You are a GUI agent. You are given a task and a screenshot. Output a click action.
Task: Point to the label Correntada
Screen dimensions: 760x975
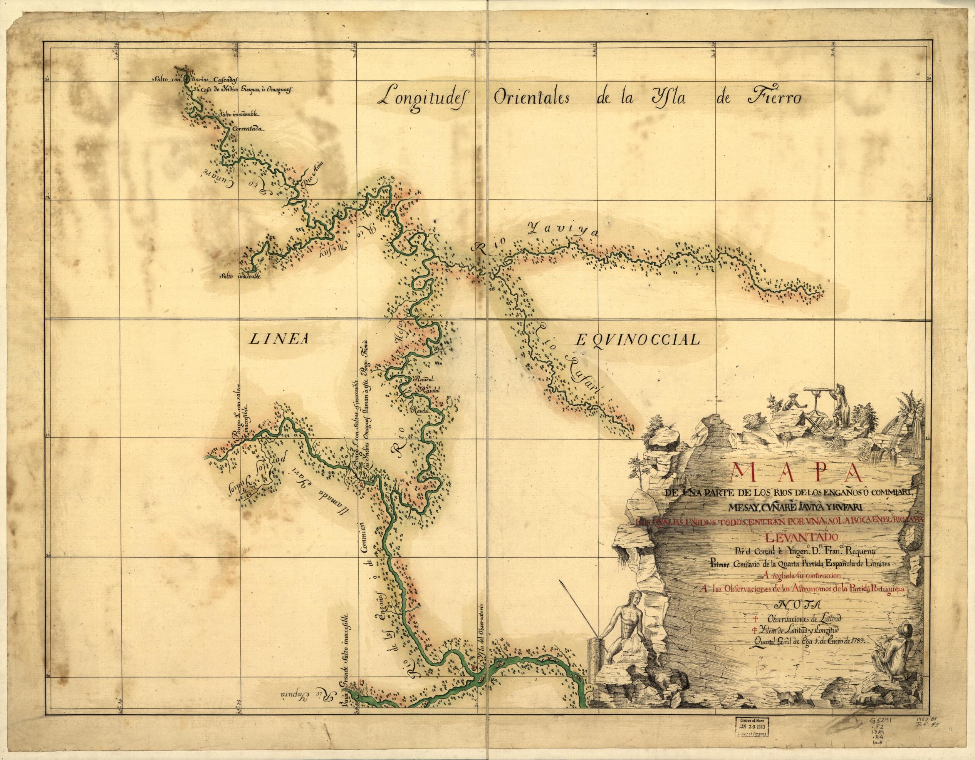(248, 129)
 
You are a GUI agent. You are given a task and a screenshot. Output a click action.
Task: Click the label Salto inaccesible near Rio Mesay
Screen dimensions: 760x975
(240, 276)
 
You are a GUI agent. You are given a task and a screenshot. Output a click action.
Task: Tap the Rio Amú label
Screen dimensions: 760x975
(312, 176)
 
